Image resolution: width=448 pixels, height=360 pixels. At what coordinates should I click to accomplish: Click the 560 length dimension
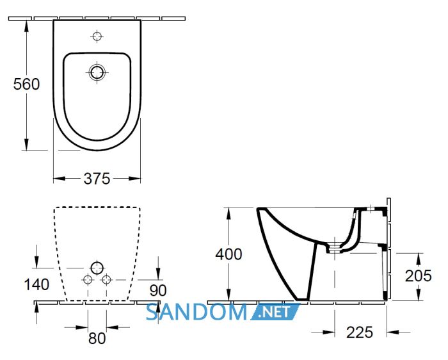(27, 85)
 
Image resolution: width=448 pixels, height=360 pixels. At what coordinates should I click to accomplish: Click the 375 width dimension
(97, 179)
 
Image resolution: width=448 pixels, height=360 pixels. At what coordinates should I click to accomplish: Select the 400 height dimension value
(228, 254)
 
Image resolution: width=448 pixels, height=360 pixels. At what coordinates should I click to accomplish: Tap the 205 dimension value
(419, 276)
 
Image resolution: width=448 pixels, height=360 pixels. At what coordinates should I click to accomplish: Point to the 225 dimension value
(360, 332)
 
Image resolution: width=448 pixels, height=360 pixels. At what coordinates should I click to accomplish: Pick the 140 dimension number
(36, 285)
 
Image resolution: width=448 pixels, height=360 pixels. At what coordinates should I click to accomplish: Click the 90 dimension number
(158, 291)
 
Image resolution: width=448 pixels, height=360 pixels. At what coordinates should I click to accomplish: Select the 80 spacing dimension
(97, 339)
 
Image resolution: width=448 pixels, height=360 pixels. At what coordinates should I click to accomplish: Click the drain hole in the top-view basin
(97, 72)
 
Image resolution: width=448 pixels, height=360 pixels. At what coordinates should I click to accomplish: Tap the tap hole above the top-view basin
(97, 37)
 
